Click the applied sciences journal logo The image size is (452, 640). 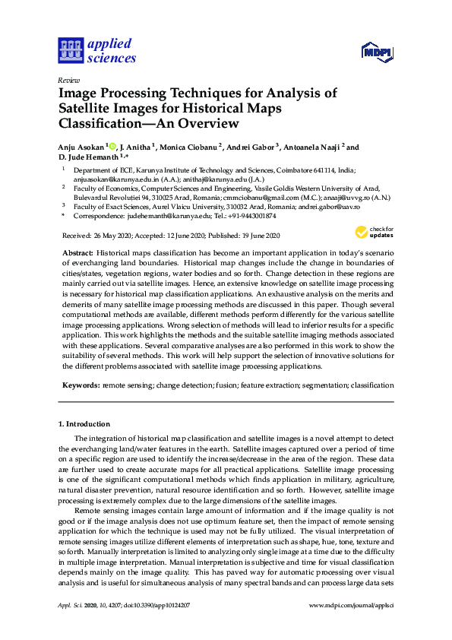[x=96, y=50]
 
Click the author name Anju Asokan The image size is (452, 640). [x=81, y=147]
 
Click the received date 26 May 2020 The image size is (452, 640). [x=110, y=235]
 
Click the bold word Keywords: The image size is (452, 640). [x=80, y=385]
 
